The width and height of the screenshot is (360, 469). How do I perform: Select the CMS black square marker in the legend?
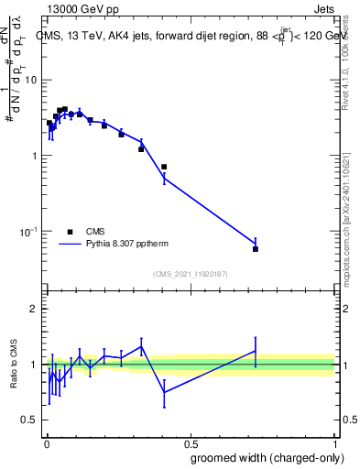(x=70, y=232)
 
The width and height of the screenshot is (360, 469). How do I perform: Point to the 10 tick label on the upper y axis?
(x=31, y=80)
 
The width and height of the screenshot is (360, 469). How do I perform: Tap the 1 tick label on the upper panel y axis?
(x=35, y=156)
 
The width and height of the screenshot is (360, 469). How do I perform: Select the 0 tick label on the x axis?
(x=46, y=443)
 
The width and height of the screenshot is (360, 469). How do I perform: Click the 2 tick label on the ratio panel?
(x=34, y=309)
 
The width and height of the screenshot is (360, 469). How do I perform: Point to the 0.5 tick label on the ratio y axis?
(x=30, y=420)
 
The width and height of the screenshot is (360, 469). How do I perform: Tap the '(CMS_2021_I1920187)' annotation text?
(x=190, y=274)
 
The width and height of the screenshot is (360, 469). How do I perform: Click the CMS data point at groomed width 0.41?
(x=164, y=167)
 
